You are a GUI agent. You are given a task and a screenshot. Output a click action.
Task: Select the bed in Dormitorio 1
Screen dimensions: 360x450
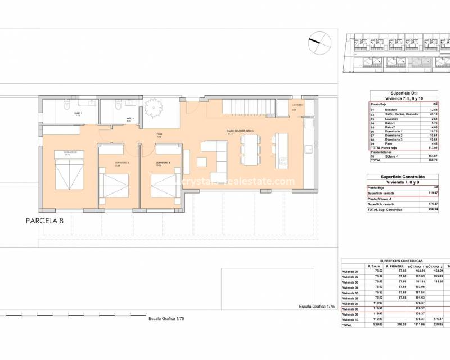tap(66, 170)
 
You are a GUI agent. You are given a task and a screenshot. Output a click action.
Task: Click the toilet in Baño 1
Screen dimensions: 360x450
tap(66, 105)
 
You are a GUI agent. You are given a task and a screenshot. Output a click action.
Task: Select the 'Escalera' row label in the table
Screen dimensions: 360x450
tap(385, 109)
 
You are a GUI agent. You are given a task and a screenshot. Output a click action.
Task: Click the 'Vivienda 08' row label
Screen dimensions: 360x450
tap(350, 309)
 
